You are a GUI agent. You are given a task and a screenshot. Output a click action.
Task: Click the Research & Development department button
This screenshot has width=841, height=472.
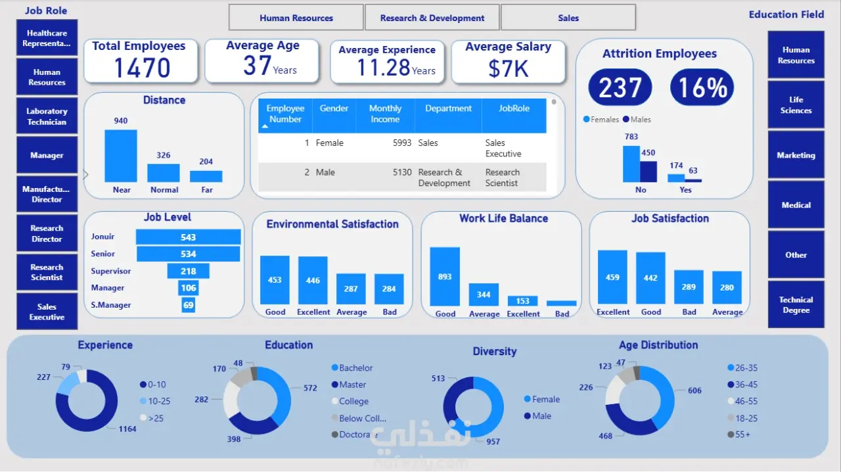point(432,18)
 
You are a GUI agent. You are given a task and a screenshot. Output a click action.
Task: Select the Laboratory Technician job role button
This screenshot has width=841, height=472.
point(47,116)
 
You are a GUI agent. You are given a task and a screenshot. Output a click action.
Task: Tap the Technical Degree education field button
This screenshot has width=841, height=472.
point(796,304)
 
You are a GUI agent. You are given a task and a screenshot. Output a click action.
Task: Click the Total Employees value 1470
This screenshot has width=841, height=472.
point(142,68)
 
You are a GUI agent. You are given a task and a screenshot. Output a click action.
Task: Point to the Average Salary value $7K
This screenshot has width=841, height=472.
point(508,68)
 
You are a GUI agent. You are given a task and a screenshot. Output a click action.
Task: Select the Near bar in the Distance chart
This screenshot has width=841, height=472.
point(121,156)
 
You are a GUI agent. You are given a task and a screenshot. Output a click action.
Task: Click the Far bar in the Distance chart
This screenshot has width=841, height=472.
point(206,176)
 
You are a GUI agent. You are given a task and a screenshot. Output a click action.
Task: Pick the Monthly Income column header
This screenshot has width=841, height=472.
point(385,114)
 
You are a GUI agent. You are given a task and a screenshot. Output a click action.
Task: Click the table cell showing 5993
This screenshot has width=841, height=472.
point(401,143)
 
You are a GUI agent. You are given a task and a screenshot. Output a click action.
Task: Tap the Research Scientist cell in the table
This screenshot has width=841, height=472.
point(503,177)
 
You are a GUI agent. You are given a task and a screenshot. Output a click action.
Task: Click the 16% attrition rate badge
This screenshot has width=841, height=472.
point(702,87)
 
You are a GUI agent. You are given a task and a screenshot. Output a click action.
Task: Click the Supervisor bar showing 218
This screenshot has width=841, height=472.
point(188,271)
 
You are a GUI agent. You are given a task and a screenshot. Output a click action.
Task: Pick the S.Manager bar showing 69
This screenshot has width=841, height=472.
point(189,305)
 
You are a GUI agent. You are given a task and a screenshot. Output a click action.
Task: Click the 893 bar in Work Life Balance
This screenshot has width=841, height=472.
point(445,277)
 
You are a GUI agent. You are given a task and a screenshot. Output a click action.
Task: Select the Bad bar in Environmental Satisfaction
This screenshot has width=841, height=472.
point(389,289)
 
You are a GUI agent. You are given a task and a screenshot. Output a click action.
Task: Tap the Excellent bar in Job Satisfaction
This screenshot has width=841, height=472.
point(612,278)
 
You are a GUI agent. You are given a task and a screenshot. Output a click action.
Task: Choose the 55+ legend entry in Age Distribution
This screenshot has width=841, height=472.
point(742,435)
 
